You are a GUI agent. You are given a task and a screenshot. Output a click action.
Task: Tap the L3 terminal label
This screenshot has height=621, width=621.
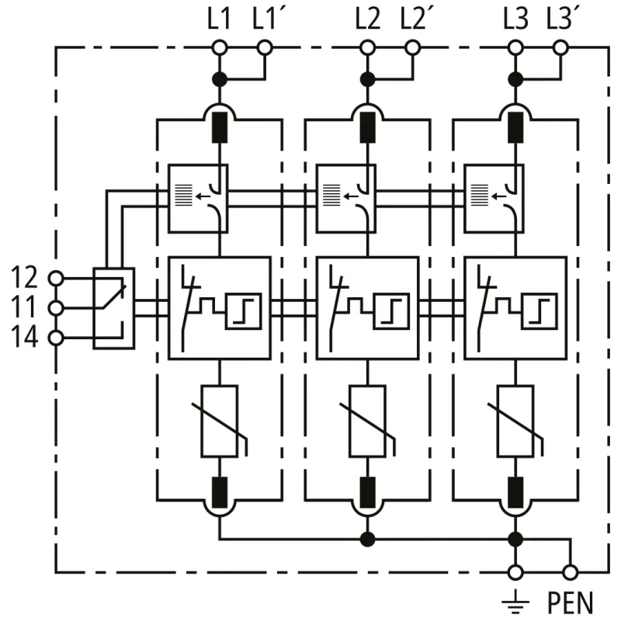[x=515, y=18]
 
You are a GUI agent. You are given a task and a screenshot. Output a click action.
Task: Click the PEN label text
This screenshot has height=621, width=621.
[x=571, y=602]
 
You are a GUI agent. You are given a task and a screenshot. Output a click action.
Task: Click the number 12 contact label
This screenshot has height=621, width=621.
[x=26, y=276]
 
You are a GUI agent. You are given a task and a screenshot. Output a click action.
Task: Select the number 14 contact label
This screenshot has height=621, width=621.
[x=26, y=338]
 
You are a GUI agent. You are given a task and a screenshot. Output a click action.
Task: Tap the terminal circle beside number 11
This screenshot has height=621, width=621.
[x=55, y=308]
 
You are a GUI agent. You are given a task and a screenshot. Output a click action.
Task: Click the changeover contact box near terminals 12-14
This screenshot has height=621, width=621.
[x=113, y=307]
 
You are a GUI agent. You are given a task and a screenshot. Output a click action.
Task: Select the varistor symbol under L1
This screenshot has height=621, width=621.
[x=220, y=420]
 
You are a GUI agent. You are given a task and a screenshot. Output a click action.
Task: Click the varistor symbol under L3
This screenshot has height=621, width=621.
[x=515, y=420]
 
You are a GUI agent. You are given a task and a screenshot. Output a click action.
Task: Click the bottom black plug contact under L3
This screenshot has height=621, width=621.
[x=515, y=491]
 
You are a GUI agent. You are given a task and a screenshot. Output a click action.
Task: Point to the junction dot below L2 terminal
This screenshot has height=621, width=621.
[x=368, y=78]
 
